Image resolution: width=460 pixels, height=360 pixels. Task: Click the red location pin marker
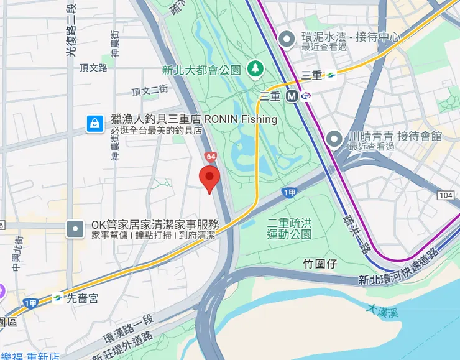(209, 178)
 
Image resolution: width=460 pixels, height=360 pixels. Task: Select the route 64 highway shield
(211, 156)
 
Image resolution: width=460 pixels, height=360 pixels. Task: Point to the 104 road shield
(445, 196)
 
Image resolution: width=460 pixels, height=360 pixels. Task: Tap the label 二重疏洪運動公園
(289, 228)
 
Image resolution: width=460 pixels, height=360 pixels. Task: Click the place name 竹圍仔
(320, 264)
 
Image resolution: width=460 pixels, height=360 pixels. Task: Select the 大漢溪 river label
(381, 310)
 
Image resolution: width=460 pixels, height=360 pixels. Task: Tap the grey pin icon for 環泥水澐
(287, 40)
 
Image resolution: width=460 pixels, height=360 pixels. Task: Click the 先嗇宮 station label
(83, 298)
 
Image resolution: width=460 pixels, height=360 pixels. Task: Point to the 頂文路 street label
(94, 67)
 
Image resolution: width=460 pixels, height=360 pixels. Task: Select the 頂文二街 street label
(150, 90)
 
